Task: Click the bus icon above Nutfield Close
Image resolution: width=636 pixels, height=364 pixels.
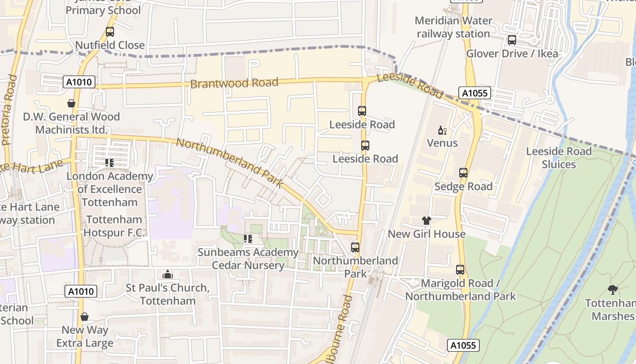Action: click(x=109, y=32)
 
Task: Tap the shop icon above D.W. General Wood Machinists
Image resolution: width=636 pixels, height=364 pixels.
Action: click(x=71, y=103)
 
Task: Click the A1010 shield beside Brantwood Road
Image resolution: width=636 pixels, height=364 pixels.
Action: click(x=79, y=82)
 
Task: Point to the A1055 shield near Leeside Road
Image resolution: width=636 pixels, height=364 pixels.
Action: click(x=475, y=93)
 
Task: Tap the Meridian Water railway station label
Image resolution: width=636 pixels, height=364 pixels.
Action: click(x=453, y=27)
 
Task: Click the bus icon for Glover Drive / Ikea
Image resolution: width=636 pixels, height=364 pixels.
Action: click(x=512, y=40)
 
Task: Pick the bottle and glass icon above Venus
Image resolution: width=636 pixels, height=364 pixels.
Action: click(x=442, y=131)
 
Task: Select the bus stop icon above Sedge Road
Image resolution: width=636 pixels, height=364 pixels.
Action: click(x=463, y=173)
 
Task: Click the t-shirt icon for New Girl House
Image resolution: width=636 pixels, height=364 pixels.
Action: click(x=426, y=221)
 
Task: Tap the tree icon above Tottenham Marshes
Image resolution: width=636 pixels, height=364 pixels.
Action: click(x=612, y=289)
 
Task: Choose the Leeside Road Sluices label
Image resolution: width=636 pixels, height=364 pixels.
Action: click(x=559, y=158)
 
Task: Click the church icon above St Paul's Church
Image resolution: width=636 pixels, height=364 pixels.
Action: click(x=167, y=274)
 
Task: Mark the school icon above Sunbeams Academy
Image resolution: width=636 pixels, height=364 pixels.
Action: click(x=248, y=239)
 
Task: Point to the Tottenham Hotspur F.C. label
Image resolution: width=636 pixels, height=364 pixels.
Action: click(x=114, y=226)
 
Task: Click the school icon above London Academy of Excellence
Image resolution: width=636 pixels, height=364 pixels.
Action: click(x=109, y=162)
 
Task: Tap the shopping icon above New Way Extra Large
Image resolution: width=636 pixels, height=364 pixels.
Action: click(x=84, y=317)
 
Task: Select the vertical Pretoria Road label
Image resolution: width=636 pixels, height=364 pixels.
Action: click(x=10, y=110)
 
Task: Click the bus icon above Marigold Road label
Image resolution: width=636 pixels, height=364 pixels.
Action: click(x=460, y=270)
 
